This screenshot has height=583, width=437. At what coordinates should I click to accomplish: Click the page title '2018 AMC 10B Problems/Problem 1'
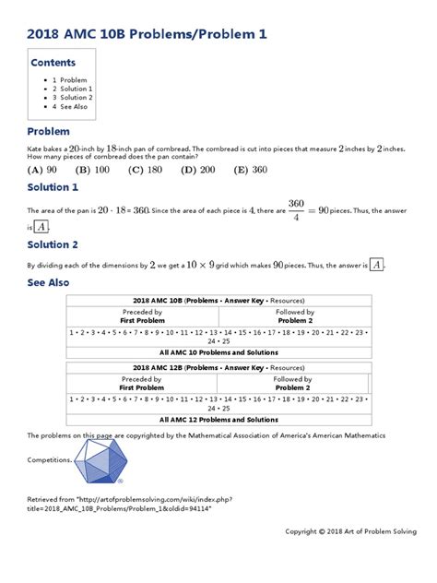(148, 34)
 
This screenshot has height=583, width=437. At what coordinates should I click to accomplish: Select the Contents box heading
(53, 64)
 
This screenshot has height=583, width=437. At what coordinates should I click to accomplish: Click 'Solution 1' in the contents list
(76, 89)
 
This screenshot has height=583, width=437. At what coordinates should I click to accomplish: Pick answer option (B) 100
(92, 170)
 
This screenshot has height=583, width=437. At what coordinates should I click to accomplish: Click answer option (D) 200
(198, 170)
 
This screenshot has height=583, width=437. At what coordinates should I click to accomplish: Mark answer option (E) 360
(251, 170)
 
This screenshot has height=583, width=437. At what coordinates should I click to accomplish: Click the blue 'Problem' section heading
(49, 132)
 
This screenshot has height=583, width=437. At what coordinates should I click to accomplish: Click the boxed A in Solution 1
(41, 227)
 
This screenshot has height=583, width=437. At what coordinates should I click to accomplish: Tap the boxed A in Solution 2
(376, 265)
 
